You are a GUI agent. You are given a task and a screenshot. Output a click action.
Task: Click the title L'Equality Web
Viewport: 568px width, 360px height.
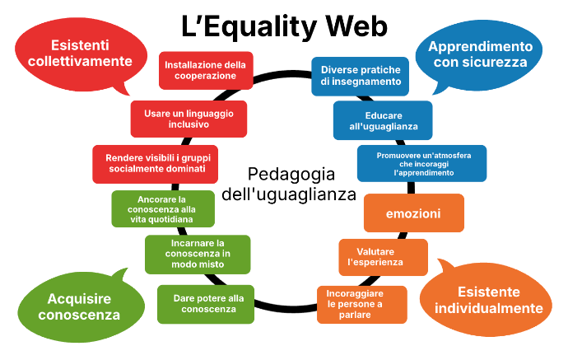(284, 27)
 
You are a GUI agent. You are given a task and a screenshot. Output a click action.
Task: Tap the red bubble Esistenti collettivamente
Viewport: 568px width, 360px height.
(81, 54)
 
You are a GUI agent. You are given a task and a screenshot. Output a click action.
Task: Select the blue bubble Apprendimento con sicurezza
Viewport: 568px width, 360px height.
(479, 55)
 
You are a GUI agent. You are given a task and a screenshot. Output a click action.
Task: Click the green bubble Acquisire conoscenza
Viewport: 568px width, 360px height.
(81, 306)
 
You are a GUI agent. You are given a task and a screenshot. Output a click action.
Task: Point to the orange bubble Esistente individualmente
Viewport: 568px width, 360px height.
(487, 300)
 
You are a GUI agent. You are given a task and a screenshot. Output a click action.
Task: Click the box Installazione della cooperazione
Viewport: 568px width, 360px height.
(206, 70)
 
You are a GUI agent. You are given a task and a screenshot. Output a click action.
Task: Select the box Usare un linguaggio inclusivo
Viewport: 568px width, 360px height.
(189, 119)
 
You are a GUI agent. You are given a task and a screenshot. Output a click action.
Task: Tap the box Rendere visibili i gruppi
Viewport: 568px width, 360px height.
(155, 164)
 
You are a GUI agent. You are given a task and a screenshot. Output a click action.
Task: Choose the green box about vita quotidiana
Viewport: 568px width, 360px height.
(163, 208)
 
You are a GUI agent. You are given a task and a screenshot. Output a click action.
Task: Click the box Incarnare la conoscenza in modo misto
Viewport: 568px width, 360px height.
(198, 254)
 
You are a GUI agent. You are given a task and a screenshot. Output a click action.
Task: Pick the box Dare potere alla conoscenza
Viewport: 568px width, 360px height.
(206, 304)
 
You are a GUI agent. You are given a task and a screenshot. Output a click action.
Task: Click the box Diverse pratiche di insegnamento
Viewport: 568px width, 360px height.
(360, 76)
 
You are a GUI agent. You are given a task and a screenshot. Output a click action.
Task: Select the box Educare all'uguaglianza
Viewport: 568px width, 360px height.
(383, 120)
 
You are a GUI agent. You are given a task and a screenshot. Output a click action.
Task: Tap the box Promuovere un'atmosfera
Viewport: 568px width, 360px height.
(421, 163)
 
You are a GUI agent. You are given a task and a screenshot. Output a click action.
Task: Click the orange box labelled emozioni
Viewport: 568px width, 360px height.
(414, 213)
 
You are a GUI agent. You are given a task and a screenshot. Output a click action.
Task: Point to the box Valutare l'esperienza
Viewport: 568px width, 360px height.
(384, 257)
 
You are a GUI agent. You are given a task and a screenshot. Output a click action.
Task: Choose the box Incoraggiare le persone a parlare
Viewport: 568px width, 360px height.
(362, 305)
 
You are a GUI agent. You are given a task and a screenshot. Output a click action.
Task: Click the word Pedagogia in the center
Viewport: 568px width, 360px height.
(291, 175)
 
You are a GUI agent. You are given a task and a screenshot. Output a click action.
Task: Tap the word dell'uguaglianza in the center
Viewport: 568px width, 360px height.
(289, 194)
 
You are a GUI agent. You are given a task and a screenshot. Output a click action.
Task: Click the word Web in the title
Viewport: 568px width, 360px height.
(356, 26)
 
